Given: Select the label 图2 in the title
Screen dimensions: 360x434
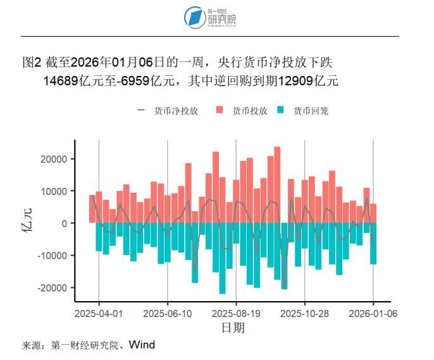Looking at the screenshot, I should point(32,63).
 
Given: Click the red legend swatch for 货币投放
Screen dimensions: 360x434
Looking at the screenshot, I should point(220,111).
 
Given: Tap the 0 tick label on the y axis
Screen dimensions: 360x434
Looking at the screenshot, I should point(64,223).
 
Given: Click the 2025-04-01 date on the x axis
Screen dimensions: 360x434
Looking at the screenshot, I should point(99,313).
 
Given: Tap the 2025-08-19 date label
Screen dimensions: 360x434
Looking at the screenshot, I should point(236,313).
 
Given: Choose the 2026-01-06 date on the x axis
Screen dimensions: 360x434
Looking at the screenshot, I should point(373,313).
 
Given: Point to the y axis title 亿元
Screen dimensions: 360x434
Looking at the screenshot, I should point(28,223).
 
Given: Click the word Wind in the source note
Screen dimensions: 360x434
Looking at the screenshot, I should point(142,345).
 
